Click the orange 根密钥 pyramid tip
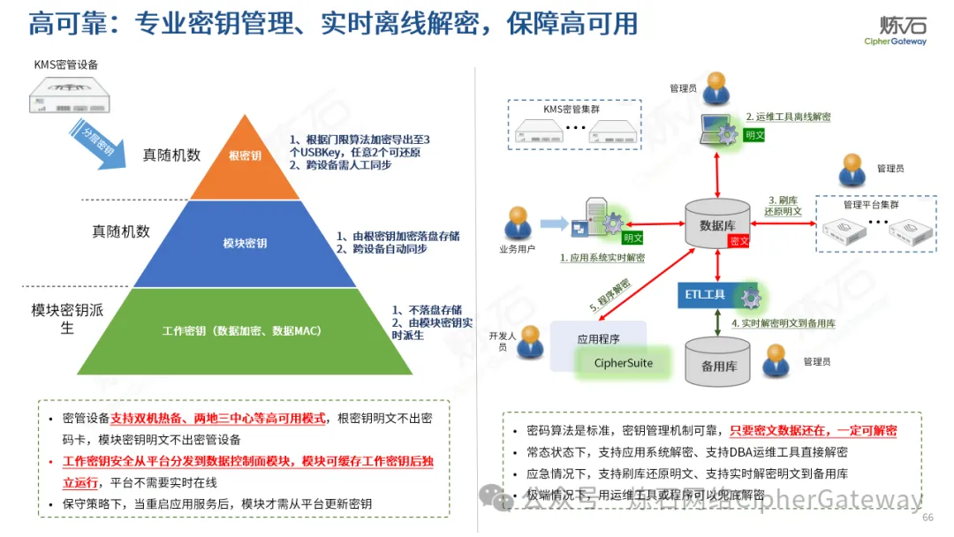[245, 156]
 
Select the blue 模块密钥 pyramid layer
[245, 243]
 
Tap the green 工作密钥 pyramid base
[241, 331]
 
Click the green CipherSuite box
[623, 362]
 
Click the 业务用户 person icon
[518, 223]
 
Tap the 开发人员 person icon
[530, 342]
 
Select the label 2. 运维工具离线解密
[787, 117]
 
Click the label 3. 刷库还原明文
[784, 205]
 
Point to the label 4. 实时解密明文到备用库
[783, 323]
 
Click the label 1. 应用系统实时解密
[602, 258]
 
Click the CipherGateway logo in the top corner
[895, 32]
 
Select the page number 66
[927, 518]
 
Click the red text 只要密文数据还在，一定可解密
[813, 431]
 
